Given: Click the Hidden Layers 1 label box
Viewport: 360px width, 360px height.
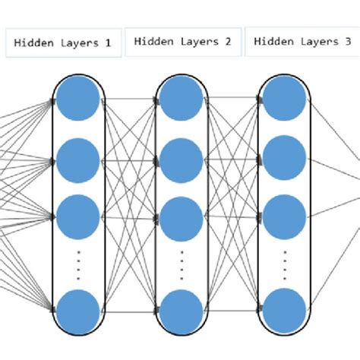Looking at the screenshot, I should click(63, 43).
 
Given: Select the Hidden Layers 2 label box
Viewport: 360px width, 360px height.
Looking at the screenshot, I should click(182, 42).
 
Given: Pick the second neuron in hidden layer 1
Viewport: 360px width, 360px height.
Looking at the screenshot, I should click(77, 159).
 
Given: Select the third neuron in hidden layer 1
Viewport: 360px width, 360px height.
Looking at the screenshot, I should click(77, 216).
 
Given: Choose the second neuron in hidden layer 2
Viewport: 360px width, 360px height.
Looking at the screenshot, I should click(181, 160).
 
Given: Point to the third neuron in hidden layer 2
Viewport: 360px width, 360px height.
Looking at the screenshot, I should click(181, 218).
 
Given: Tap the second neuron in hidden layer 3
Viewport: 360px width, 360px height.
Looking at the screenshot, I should click(284, 158).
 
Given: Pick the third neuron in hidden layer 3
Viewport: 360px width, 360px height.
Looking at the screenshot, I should click(284, 216).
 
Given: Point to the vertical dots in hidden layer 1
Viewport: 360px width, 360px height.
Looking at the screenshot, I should click(77, 264).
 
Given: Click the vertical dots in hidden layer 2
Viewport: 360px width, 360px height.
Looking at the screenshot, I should click(181, 264).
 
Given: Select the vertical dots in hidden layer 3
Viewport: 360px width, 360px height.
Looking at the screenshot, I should click(284, 264).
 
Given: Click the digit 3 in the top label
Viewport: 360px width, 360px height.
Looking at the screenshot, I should click(346, 42).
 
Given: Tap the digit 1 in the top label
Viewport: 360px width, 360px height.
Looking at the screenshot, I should click(107, 43).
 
